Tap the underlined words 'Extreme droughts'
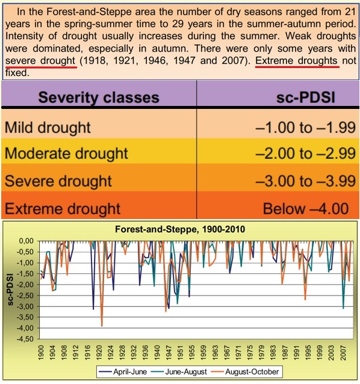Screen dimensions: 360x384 click(x=296, y=61)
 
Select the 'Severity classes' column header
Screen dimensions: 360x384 click(x=99, y=98)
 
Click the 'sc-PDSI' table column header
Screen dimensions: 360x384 click(x=305, y=98)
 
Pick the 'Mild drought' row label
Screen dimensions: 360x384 click(x=48, y=128)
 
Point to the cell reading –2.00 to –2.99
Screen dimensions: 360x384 click(x=305, y=153)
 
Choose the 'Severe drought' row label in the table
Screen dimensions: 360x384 click(x=58, y=181)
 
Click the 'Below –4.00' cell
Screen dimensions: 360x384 click(x=306, y=209)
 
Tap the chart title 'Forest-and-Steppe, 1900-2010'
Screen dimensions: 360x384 click(x=180, y=229)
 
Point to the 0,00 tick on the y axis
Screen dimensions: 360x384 click(x=26, y=241)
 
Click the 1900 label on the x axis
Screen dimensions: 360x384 click(x=41, y=353)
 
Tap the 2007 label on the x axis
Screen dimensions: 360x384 click(x=343, y=353)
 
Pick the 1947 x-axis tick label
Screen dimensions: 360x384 click(x=169, y=353)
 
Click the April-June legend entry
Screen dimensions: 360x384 click(x=122, y=372)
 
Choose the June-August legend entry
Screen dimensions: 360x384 click(x=179, y=372)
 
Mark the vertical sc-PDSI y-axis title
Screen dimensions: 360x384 click(x=10, y=290)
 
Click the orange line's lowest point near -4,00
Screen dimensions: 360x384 click(x=102, y=326)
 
